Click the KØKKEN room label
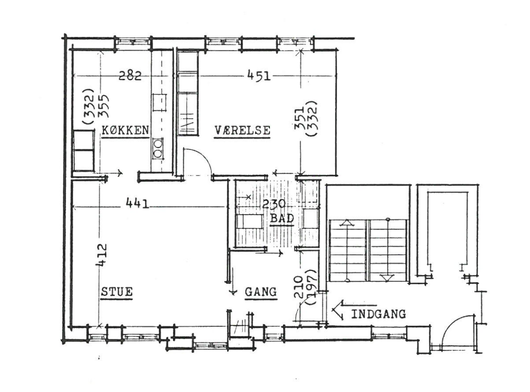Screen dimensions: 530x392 coord(125,130)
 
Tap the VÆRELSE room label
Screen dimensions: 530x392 coord(242,130)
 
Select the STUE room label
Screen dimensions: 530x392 coord(117,291)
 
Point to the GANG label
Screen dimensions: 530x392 coord(260,291)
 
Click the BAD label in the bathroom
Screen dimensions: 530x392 coord(282,218)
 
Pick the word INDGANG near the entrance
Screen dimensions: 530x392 coord(378,314)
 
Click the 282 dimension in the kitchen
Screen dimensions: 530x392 coord(130,75)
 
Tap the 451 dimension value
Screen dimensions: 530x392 coord(259,75)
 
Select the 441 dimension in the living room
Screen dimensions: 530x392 coord(137,203)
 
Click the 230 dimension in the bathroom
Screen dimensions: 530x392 coord(274,204)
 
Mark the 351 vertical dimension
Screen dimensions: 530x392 coord(300,119)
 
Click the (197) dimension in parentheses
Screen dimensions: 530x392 coord(311,287)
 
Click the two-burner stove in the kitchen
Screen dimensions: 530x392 coord(158,148)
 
